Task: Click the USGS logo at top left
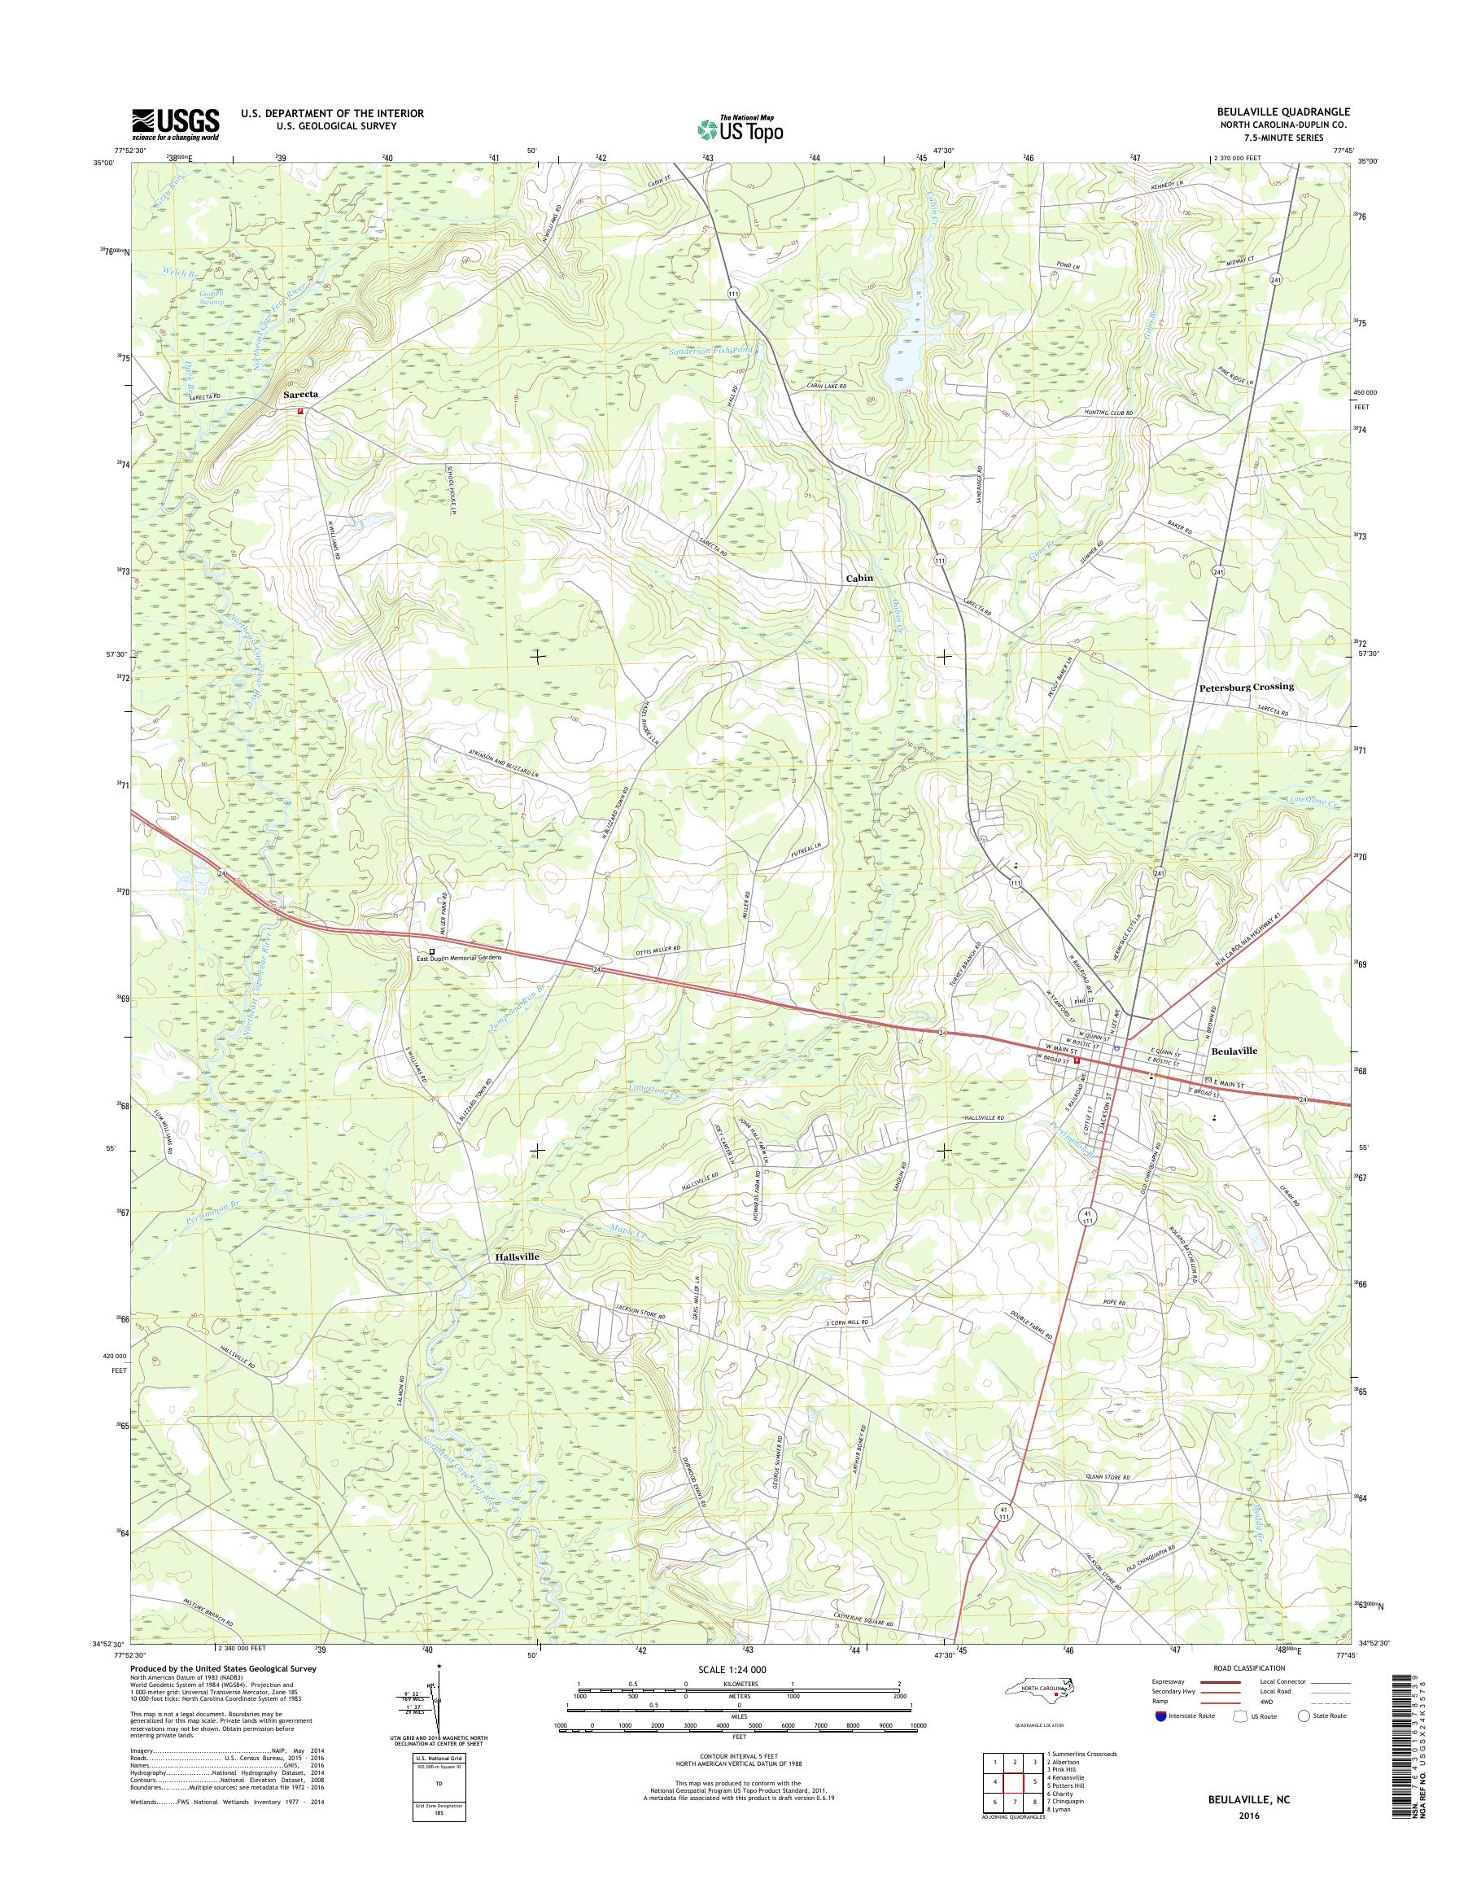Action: pyautogui.click(x=175, y=124)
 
